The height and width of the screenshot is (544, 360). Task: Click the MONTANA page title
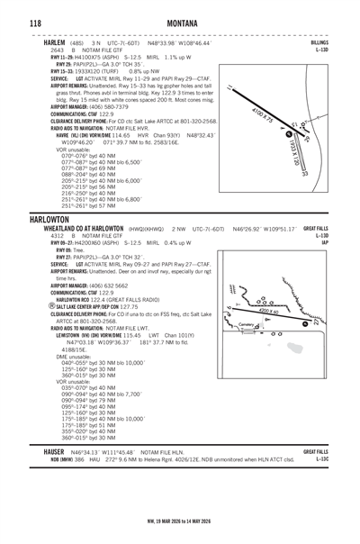click(x=180, y=21)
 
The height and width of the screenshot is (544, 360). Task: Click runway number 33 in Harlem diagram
click(x=307, y=174)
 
